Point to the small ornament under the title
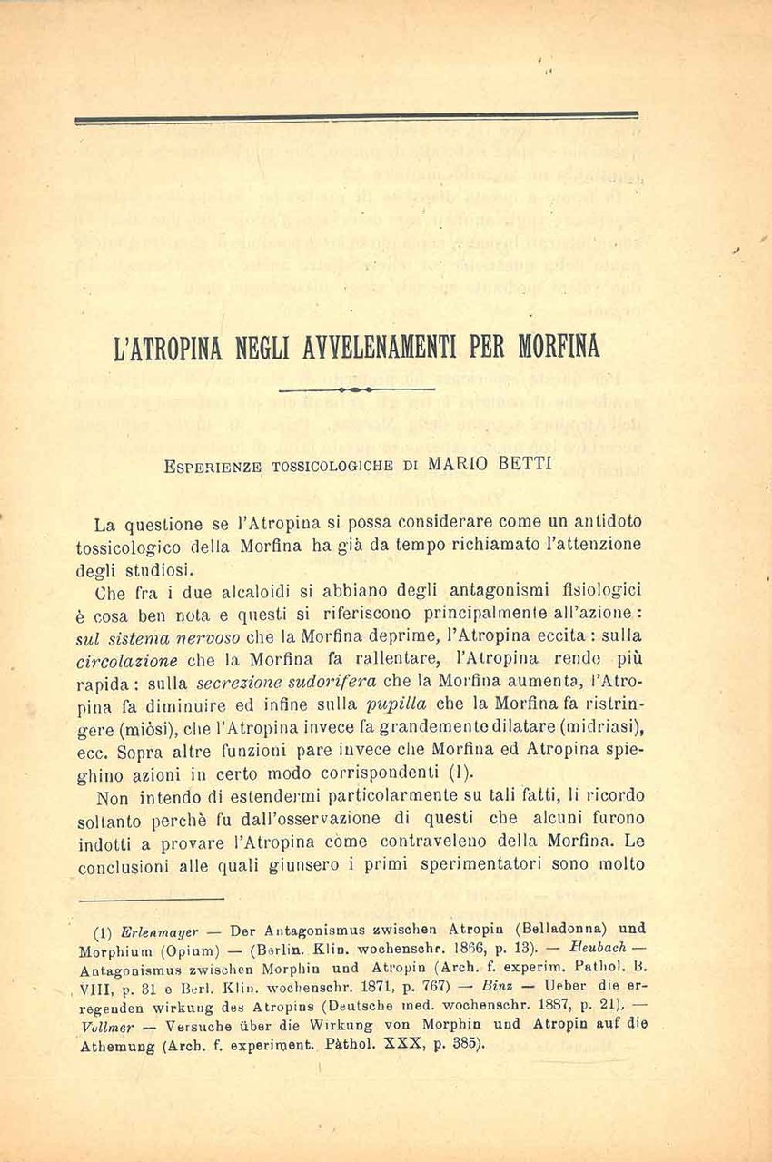[357, 389]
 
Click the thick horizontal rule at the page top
[356, 116]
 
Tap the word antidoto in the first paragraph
[609, 522]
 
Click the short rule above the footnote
[150, 900]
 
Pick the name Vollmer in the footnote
[107, 1027]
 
